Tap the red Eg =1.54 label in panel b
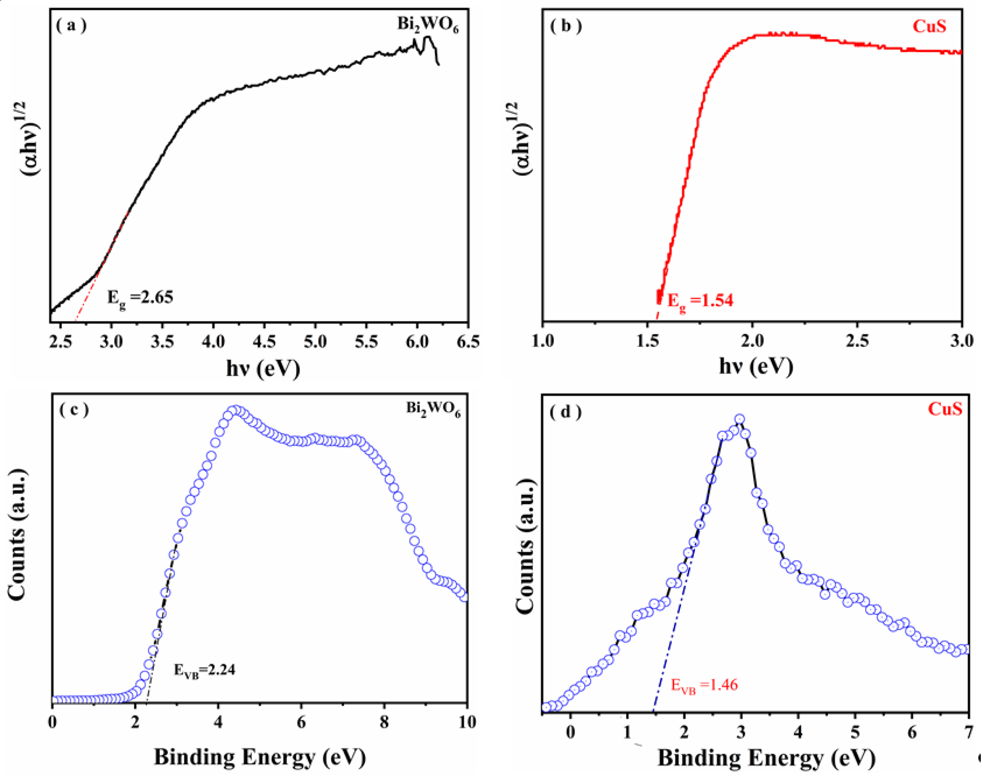pos(700,301)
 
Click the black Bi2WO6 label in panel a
pos(427,25)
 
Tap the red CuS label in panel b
pos(929,26)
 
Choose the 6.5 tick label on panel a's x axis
pos(468,341)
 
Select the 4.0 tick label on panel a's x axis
pos(213,341)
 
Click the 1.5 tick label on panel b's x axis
pos(647,341)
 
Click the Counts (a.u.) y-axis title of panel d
pos(527,547)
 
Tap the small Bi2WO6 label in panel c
pos(433,409)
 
